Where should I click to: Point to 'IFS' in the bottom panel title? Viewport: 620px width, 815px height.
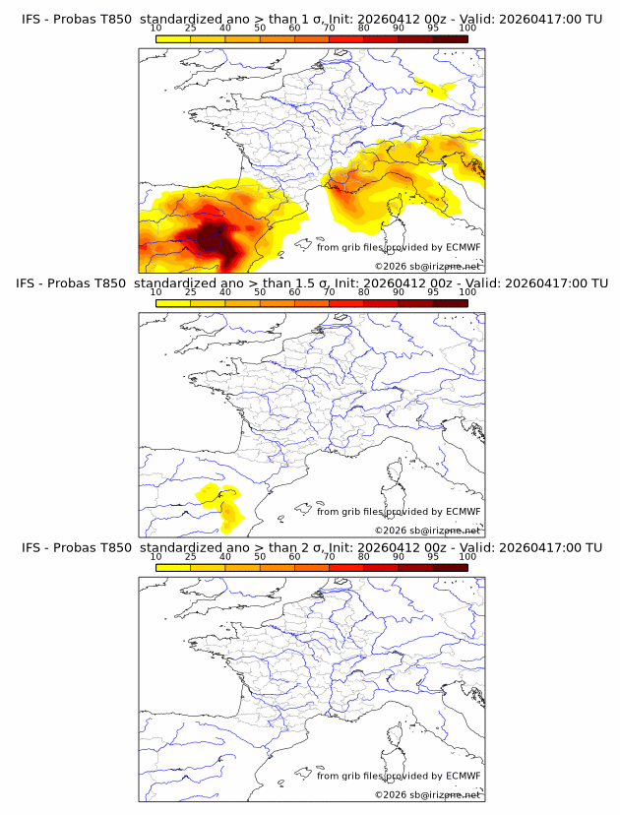click(x=31, y=547)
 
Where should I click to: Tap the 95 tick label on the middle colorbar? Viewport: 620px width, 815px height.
click(x=433, y=291)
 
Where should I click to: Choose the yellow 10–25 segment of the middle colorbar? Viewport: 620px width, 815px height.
click(x=173, y=301)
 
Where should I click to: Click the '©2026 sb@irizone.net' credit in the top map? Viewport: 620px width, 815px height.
click(x=427, y=266)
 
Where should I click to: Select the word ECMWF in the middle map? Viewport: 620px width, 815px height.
click(x=463, y=511)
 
